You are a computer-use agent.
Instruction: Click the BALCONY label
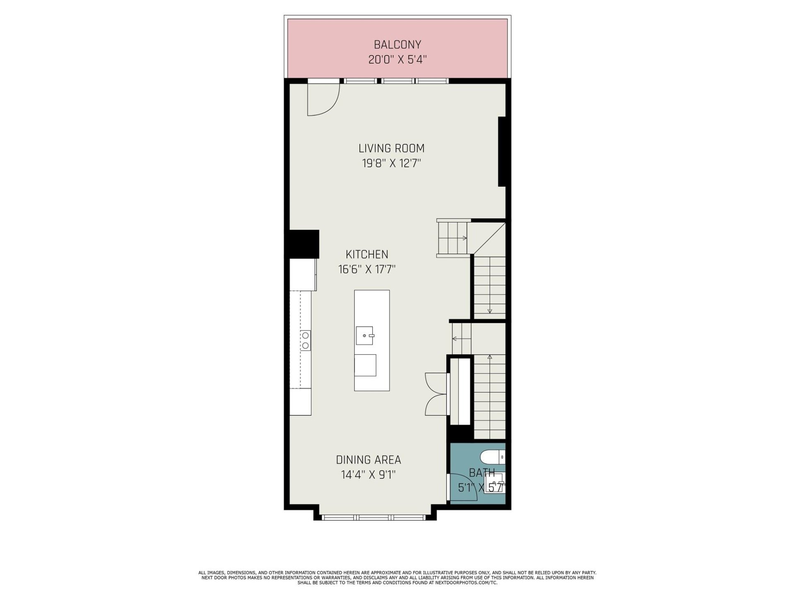tap(397, 44)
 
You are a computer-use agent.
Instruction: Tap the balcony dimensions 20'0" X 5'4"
tap(397, 60)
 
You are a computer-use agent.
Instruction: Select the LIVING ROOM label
tap(391, 148)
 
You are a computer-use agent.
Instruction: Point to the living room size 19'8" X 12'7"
tap(391, 163)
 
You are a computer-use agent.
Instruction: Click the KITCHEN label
tap(367, 254)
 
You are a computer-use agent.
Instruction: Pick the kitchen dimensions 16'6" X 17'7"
tap(367, 269)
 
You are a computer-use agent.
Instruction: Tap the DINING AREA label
tap(368, 460)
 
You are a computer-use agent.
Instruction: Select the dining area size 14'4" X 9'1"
tap(368, 475)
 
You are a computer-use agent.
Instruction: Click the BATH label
tap(482, 473)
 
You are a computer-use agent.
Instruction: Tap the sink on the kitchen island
tap(365, 335)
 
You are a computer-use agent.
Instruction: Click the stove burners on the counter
tap(305, 340)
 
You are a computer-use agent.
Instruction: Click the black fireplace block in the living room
tap(502, 152)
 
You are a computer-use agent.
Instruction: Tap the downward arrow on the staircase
tap(489, 311)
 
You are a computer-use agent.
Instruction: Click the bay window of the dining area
tap(374, 517)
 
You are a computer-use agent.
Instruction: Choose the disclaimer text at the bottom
tap(397, 577)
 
